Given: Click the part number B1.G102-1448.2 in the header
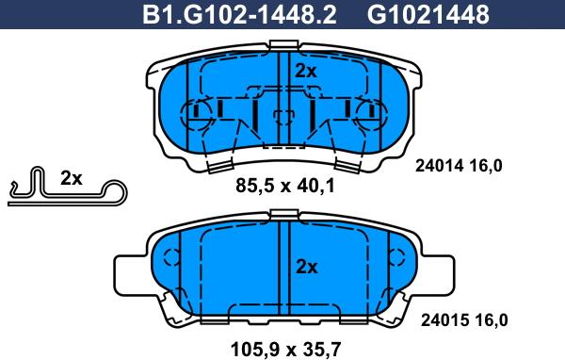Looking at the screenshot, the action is [x=239, y=15].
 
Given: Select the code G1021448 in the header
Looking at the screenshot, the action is [x=428, y=15].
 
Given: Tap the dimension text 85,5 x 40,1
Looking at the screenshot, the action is [x=285, y=187].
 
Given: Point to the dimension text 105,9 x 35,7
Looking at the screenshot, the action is [x=285, y=350].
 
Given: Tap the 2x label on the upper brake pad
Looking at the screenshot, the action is [x=305, y=71].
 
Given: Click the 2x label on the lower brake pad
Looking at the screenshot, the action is [x=306, y=268].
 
